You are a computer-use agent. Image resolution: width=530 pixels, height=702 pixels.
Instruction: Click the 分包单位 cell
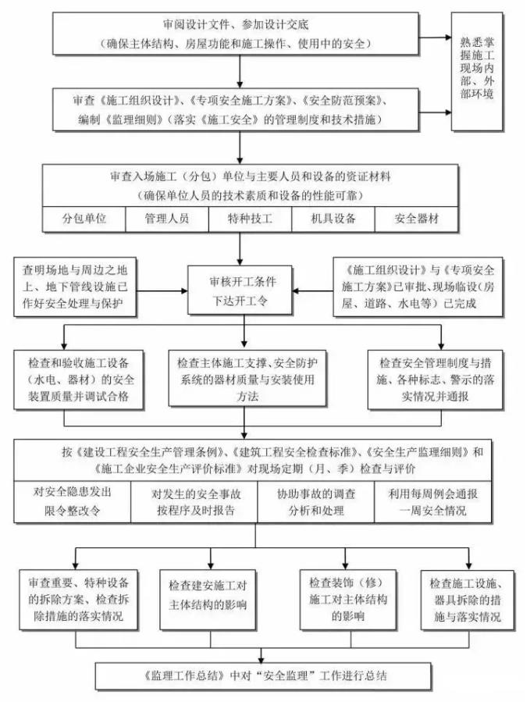84,219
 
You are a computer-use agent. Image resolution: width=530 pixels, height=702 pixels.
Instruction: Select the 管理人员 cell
167,219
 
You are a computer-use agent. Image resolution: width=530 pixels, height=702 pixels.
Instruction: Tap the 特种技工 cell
250,219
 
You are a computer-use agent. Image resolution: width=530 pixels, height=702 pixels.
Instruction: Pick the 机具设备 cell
333,219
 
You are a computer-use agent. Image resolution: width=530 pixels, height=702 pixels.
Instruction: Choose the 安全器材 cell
416,219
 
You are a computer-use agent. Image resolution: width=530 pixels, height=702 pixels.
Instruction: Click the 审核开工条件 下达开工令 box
240,290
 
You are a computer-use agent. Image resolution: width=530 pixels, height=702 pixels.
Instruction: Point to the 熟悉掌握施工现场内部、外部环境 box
477,72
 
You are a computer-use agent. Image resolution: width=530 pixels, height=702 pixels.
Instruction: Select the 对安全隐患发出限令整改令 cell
73,502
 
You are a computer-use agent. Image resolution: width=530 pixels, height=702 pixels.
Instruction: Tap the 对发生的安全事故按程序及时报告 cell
194,502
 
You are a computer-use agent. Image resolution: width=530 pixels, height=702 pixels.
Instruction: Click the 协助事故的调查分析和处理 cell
316,502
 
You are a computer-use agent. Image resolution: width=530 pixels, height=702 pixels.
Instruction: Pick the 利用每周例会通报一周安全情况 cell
433,502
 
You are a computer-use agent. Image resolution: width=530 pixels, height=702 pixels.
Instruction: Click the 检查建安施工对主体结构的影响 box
208,600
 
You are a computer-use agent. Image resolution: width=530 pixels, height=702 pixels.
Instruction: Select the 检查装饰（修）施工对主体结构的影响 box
348,600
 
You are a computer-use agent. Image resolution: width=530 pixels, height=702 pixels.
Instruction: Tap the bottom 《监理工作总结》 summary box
264,676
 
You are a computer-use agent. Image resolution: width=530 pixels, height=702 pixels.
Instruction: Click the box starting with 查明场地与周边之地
75,287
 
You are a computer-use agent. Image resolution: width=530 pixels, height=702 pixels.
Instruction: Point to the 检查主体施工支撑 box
247,378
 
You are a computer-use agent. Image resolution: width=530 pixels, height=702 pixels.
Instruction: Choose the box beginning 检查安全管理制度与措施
435,380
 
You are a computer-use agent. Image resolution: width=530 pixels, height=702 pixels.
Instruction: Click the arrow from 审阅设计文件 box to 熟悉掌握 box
435,37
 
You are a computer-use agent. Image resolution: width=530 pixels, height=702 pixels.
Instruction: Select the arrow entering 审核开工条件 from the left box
162,291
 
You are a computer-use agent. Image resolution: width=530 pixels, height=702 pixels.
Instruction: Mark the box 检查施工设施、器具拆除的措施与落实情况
468,600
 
